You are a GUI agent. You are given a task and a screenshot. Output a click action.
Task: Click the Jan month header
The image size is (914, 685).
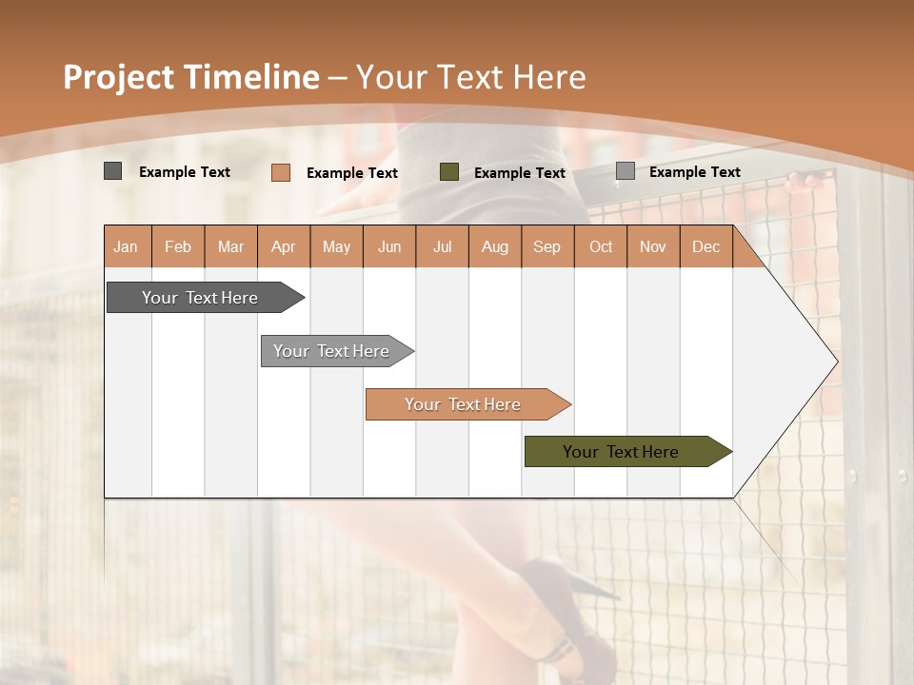[x=127, y=246]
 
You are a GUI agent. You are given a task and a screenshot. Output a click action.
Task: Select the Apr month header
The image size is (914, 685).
[x=284, y=246]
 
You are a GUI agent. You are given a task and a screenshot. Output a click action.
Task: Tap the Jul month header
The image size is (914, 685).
[x=442, y=246]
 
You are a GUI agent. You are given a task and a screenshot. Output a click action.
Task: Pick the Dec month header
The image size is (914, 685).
[x=705, y=246]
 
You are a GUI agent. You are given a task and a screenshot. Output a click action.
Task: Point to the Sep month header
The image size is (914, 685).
[x=546, y=246]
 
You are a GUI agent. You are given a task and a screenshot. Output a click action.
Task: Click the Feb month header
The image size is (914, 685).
[x=178, y=246]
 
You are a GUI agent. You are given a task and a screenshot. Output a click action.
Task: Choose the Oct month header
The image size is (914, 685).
[x=601, y=246]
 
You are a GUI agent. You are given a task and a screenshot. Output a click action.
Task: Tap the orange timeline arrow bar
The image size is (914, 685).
[x=464, y=404]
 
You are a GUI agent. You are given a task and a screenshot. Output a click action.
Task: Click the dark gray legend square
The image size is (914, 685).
[x=112, y=171]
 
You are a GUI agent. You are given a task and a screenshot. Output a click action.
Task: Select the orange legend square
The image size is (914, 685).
[x=280, y=172]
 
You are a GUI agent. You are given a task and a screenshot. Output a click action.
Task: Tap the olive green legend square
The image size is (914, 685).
[x=449, y=172]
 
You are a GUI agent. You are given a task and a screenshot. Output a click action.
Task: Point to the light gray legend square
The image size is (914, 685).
[x=625, y=171]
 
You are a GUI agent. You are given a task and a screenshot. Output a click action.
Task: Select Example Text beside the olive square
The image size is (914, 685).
[x=519, y=173]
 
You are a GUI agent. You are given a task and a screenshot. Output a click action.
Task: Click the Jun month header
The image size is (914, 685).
[x=389, y=246]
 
